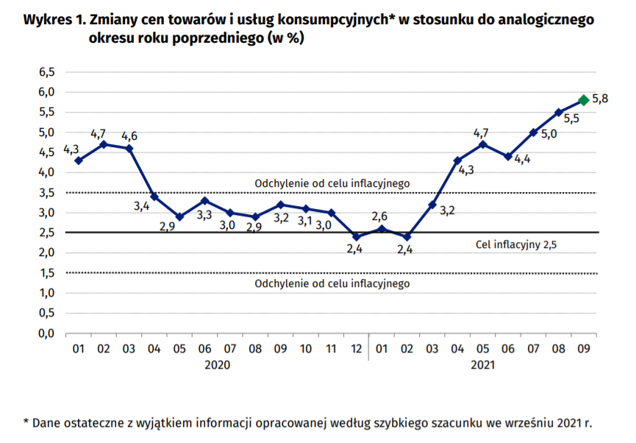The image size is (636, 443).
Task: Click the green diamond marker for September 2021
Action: [583, 100]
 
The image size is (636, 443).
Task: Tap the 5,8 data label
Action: [600, 98]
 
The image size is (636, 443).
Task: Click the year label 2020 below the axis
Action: [218, 364]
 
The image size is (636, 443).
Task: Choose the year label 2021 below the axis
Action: [482, 364]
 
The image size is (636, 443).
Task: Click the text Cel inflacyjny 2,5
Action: [517, 245]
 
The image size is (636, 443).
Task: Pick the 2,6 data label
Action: [381, 216]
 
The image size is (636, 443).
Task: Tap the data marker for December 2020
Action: [356, 236]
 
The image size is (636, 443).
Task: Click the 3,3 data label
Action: [205, 214]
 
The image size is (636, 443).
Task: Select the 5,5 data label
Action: [571, 118]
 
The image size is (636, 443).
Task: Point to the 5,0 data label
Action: [549, 134]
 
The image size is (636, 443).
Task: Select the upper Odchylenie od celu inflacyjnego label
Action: [332, 183]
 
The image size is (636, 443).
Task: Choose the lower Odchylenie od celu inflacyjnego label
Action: [332, 283]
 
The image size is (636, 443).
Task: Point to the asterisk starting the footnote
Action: [26, 423]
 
